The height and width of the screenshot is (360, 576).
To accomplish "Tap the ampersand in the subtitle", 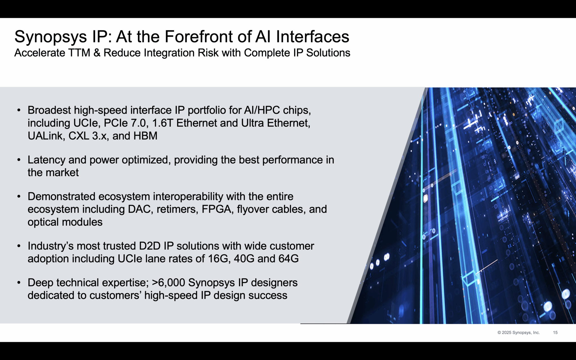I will (x=97, y=53).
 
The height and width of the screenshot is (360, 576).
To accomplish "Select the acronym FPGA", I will (x=216, y=209).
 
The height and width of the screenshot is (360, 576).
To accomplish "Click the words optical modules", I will (x=65, y=222).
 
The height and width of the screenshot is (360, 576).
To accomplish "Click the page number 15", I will (x=555, y=332).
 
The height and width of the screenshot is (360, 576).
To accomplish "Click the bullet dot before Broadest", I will (x=19, y=110).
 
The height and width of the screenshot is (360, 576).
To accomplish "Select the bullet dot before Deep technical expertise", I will (x=19, y=283).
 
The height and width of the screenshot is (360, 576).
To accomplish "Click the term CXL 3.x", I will (x=87, y=136).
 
